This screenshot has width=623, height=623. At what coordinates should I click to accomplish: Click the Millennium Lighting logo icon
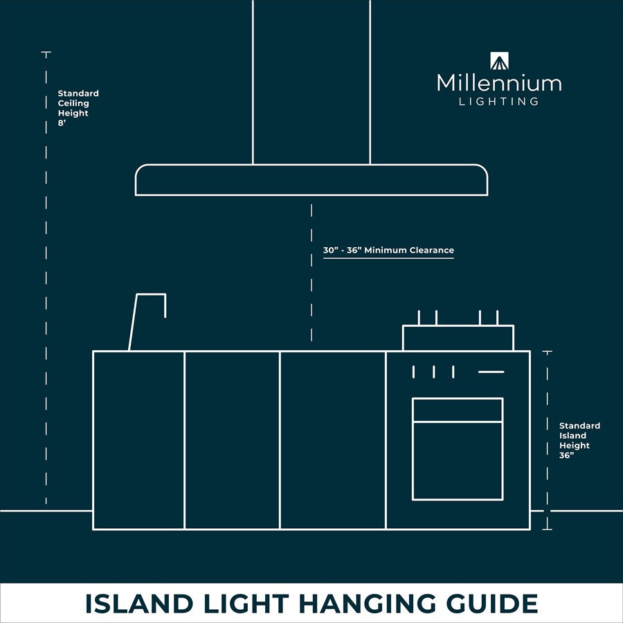[x=499, y=61]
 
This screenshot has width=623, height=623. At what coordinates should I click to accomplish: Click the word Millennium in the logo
[x=499, y=84]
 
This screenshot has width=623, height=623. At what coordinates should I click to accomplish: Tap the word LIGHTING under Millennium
[x=499, y=102]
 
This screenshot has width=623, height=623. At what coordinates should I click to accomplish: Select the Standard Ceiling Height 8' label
[x=78, y=103]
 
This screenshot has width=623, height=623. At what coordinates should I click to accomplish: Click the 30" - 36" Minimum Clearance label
[x=388, y=250]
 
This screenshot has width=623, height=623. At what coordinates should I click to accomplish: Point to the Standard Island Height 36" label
[x=579, y=440]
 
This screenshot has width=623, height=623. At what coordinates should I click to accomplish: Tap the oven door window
[x=458, y=460]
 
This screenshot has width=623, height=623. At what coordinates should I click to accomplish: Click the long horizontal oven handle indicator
[x=491, y=372]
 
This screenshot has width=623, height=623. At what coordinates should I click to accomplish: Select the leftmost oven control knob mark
[x=414, y=372]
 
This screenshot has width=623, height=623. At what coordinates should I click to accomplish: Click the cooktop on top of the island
[x=458, y=337]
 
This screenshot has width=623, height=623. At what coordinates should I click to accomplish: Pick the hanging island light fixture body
[x=311, y=180]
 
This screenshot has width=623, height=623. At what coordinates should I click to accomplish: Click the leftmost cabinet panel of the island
[x=138, y=440]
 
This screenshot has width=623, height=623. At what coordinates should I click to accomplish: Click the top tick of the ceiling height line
[x=46, y=53]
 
